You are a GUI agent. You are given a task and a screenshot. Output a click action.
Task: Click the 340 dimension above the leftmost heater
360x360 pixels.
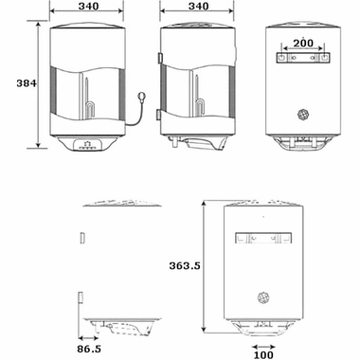(x=87, y=7)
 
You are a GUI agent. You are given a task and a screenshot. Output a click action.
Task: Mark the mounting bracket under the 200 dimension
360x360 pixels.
(x=302, y=59)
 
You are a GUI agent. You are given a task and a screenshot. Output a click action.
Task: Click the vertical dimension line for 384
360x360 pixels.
(x=39, y=85)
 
